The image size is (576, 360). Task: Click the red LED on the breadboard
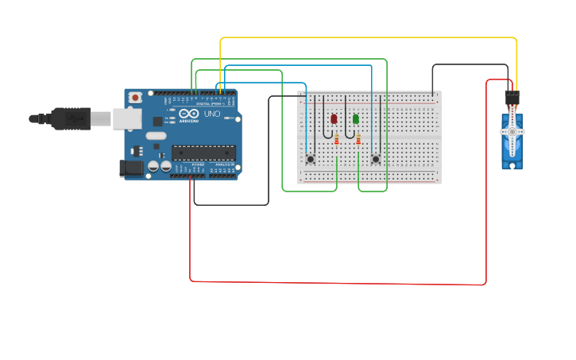[x=334, y=119]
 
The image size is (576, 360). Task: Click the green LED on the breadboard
[x=355, y=119]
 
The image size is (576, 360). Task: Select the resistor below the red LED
[x=337, y=141]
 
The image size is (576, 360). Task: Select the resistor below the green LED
[x=358, y=141]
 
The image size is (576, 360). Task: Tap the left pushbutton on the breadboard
[x=310, y=159]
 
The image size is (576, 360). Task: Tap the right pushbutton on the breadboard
[x=376, y=159]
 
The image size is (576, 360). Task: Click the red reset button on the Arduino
[x=136, y=97]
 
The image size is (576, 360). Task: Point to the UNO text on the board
[x=212, y=114]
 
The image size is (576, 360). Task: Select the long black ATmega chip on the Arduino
[x=203, y=153]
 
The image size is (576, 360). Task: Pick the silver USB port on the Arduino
[x=126, y=119]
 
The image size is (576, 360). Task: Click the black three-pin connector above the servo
[x=512, y=99]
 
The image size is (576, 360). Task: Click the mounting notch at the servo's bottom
[x=512, y=166]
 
